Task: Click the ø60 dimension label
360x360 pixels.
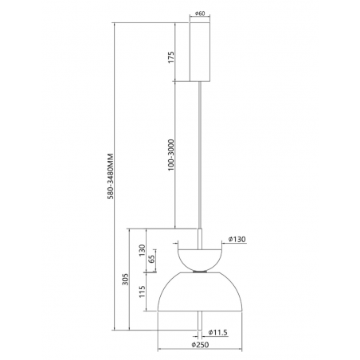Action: [200, 13]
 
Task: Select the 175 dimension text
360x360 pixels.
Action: [171, 57]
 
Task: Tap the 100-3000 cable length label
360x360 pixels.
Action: [171, 155]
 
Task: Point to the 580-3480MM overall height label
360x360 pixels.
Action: [111, 176]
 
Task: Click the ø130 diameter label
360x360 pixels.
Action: [237, 239]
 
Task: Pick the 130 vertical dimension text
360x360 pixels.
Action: [142, 250]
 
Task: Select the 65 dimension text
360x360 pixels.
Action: [151, 259]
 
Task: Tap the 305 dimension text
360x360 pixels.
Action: [125, 280]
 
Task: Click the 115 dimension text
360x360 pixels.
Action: [142, 292]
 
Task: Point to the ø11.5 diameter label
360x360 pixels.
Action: [217, 332]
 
